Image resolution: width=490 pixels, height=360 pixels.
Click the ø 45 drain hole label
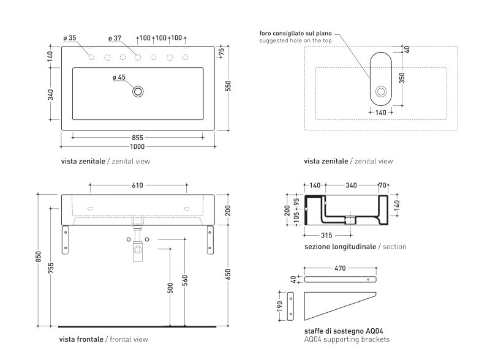pos(119,77)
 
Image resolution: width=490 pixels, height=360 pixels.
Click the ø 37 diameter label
pos(115,38)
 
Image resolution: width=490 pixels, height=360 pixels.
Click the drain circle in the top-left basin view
pos(138,92)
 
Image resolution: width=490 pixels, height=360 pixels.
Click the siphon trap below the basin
pos(139,246)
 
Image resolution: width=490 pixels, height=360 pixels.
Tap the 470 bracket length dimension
pos(342,268)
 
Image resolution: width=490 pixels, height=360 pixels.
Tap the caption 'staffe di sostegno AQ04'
pos(337,331)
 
